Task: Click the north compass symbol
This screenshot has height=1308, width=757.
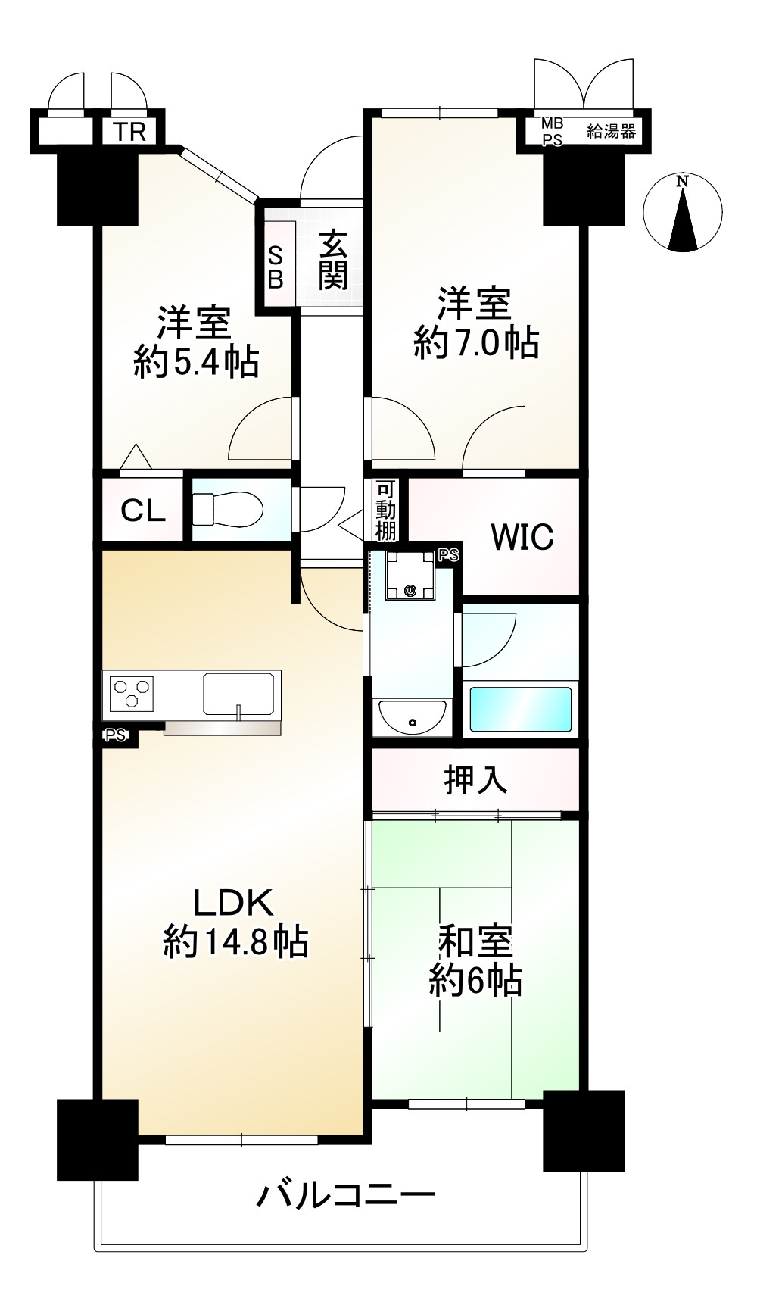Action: tap(682, 213)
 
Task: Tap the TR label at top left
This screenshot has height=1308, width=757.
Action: tap(129, 132)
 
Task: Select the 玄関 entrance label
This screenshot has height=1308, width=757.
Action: tap(332, 261)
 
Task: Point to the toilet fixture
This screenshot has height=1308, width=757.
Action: tap(227, 508)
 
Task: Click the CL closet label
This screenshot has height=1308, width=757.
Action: tap(143, 510)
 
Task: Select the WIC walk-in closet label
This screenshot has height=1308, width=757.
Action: tap(522, 537)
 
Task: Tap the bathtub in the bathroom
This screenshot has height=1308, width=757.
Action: tap(520, 709)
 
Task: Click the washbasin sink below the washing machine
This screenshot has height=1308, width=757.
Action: tap(412, 715)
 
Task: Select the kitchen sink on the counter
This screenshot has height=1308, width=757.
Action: tap(238, 695)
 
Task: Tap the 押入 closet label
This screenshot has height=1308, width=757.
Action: tap(475, 779)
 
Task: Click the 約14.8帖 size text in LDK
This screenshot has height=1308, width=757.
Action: tap(235, 942)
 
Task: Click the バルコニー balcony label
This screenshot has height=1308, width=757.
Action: tap(346, 1196)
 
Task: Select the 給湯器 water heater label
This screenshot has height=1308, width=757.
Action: tap(611, 131)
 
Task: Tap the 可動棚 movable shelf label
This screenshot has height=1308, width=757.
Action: tap(386, 510)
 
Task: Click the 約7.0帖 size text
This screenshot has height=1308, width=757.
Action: tap(476, 343)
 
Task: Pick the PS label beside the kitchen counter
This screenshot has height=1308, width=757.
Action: tap(116, 734)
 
